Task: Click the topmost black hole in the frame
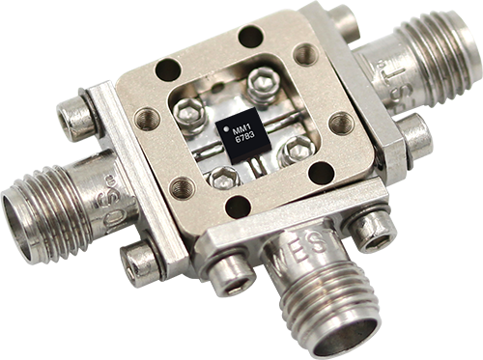250,37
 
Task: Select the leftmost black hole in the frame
168,69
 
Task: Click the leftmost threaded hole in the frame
147,119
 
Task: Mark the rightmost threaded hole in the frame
341,123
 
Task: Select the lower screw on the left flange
142,262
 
